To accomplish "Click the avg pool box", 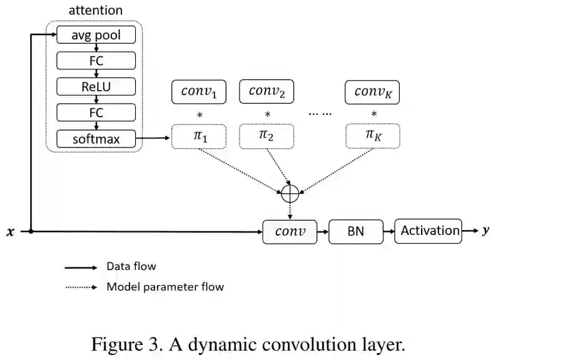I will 96,34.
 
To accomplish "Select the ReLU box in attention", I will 96,86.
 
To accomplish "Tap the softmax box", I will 96,139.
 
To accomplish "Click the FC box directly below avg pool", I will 96,61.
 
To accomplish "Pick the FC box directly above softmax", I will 96,112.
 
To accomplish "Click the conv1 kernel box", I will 199,92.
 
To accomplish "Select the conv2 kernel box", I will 266,91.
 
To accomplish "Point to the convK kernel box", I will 373,92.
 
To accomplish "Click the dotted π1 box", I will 199,136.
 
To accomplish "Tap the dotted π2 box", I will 266,136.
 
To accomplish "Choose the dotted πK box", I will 373,136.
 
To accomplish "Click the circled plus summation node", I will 290,193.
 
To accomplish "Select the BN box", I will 355,231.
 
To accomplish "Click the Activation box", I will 429,231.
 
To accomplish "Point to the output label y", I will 485,231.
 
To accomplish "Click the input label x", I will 9,232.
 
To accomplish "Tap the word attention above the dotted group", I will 95,10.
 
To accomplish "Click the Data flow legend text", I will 131,266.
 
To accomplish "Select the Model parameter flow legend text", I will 165,287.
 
